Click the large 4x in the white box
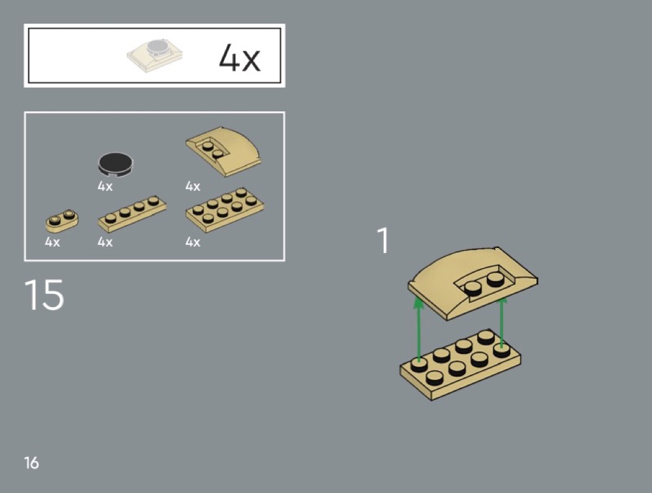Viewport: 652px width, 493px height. click(x=240, y=57)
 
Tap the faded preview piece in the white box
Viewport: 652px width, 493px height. click(x=155, y=55)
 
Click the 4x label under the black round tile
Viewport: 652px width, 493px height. click(x=105, y=186)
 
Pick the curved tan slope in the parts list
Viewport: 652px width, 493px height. click(x=224, y=150)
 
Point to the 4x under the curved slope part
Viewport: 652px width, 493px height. click(x=193, y=186)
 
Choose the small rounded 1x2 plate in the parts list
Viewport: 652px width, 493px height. click(x=62, y=221)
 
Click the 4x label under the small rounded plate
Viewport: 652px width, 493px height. click(x=52, y=242)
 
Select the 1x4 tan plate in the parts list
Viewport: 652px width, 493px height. click(x=132, y=214)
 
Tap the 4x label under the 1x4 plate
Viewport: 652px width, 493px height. click(x=105, y=242)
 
